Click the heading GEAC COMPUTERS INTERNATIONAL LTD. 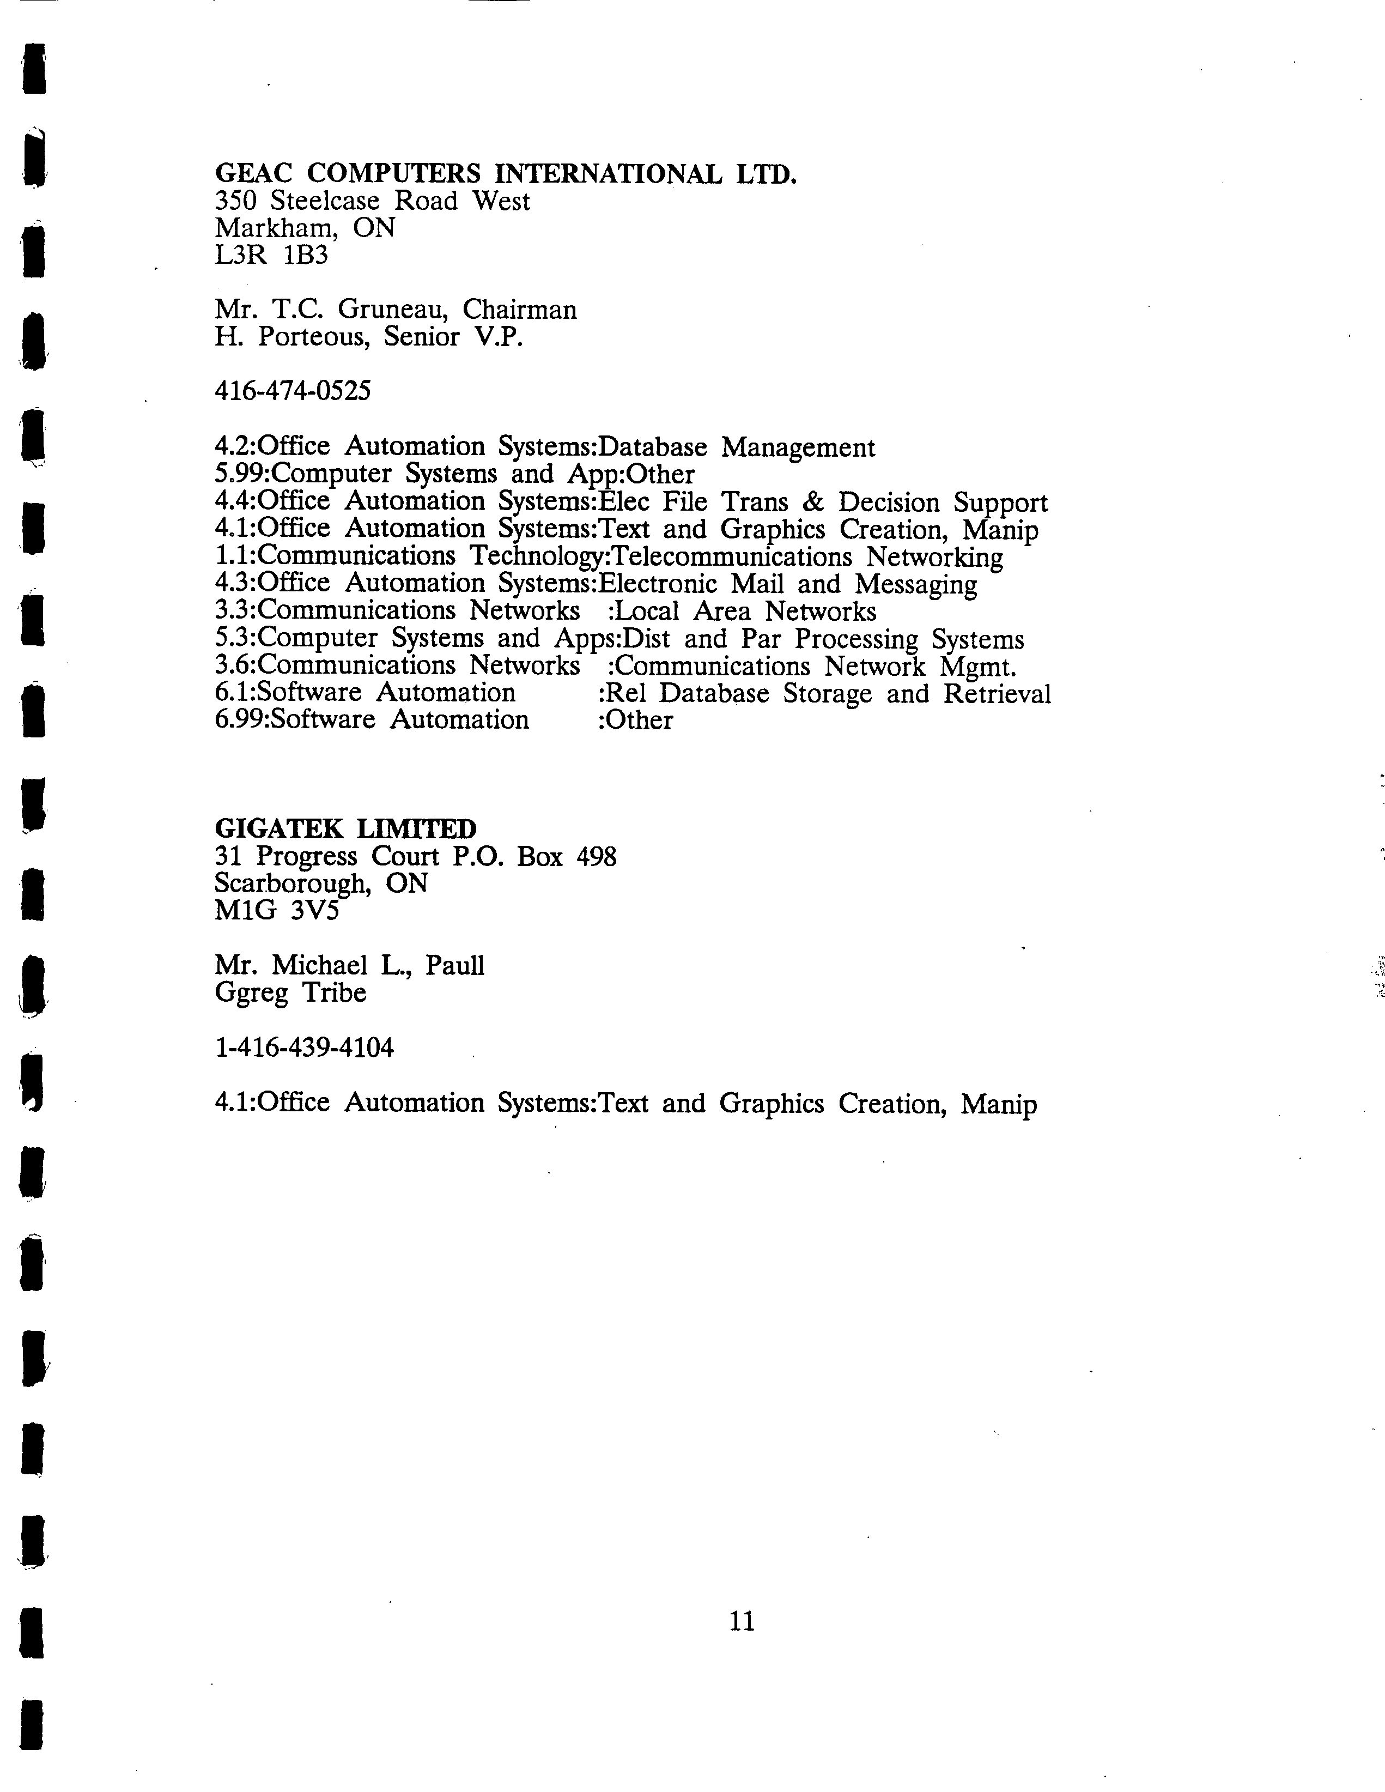pos(506,174)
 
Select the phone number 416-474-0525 pos(292,391)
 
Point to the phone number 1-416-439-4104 pos(303,1048)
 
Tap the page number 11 pos(742,1621)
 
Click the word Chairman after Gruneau pos(519,310)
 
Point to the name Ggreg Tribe pos(290,993)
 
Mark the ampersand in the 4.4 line pos(813,502)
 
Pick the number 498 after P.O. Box pos(597,857)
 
